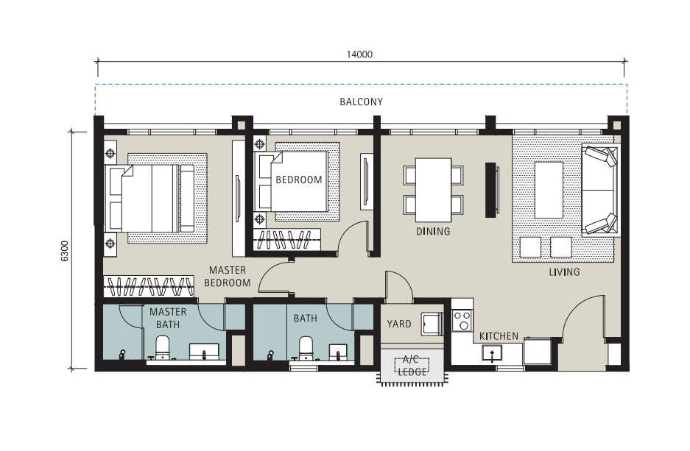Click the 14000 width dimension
[x=359, y=54]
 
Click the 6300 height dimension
[x=65, y=251]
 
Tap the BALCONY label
[x=362, y=102]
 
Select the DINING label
[x=434, y=231]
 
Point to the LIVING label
[x=564, y=272]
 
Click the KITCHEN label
[x=499, y=336]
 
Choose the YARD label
[x=399, y=324]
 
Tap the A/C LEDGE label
[x=412, y=366]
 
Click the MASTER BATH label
[x=168, y=319]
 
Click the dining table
[x=434, y=190]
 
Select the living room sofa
[x=599, y=190]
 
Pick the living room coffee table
[x=549, y=190]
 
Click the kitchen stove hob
[x=462, y=320]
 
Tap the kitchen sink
[x=492, y=353]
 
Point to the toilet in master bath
[x=163, y=348]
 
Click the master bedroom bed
[x=149, y=198]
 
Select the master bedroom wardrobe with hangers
[x=149, y=286]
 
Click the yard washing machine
[x=432, y=324]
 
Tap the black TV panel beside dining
[x=490, y=190]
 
